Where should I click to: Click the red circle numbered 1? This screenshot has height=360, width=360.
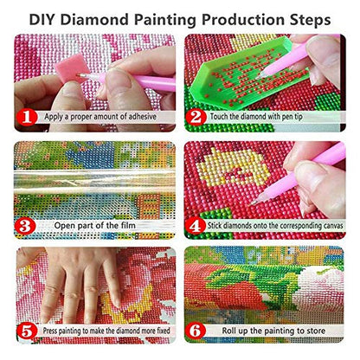point(27,118)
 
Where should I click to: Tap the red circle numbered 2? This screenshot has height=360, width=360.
point(196,118)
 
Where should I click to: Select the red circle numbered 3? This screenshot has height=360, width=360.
point(25,226)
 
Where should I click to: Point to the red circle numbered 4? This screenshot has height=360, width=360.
point(196,226)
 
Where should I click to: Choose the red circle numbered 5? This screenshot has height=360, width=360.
point(27,331)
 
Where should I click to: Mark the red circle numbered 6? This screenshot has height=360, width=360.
point(196,331)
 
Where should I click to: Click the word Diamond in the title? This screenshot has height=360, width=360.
point(94,20)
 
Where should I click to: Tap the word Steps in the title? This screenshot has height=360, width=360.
point(309,20)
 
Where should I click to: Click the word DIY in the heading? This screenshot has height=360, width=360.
point(42,20)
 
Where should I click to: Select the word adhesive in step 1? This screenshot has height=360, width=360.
point(142,117)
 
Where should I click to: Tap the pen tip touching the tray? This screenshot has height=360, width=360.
point(258,77)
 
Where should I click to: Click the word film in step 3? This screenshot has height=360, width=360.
point(129,225)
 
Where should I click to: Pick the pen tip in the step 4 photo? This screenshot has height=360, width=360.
point(254,202)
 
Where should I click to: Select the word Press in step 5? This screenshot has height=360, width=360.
point(50,331)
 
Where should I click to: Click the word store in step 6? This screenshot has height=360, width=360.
point(314,331)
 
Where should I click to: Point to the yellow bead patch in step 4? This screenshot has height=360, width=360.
point(232,167)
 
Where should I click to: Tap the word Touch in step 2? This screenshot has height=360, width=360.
point(219,117)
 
